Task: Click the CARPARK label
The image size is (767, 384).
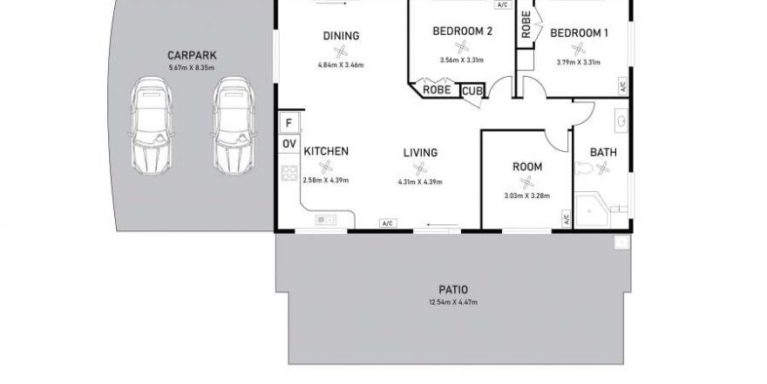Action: coord(192,55)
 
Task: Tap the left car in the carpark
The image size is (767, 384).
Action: coord(152,126)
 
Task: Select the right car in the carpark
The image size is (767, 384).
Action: coord(234,126)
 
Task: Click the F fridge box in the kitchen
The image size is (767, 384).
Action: coord(288,122)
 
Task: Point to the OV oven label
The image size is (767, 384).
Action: coord(289,144)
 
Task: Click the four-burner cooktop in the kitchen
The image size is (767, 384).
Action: coord(289,174)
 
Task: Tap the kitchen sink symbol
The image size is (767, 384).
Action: coord(326,220)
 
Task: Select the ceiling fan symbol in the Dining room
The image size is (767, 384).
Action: coord(341,51)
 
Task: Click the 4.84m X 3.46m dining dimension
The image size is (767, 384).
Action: coord(341,65)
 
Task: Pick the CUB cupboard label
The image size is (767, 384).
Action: coord(472,91)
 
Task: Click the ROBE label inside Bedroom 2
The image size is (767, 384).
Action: coord(437,90)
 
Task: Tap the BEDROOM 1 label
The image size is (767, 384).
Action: coord(579,33)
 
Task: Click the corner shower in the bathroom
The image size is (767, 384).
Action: coord(591,209)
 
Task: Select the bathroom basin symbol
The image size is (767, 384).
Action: coord(621,120)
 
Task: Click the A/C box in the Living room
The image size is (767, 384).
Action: coord(388,223)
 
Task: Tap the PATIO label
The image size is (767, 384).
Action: coord(453,290)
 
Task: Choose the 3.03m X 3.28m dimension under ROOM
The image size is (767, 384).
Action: coord(526,195)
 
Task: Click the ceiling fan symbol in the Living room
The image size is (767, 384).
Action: coord(420,169)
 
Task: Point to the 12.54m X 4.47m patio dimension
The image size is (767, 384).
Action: coord(453,302)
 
